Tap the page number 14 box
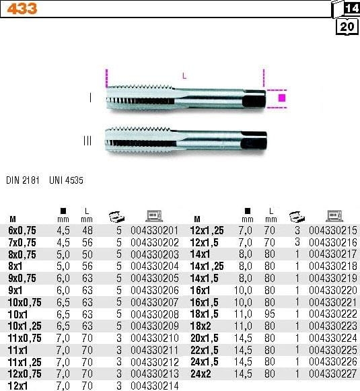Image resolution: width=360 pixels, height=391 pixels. [351, 9]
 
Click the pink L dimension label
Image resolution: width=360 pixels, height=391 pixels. [184, 77]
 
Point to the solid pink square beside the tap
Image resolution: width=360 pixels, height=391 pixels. [282, 98]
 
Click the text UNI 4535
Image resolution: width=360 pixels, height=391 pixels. [66, 180]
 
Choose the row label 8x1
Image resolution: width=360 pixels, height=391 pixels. [15, 266]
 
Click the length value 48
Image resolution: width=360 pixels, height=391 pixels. [86, 229]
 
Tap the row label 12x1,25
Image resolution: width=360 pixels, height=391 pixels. [208, 229]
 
